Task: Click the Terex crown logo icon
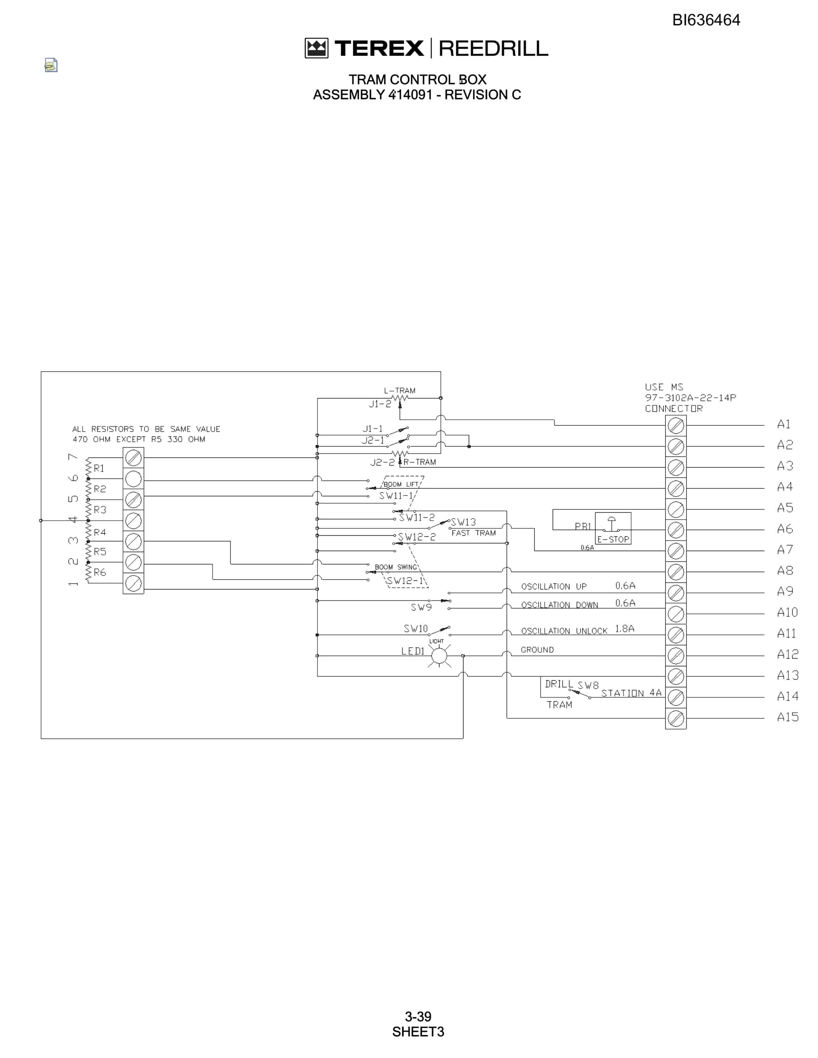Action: point(316,48)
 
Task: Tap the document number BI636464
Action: point(706,20)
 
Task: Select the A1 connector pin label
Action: point(784,424)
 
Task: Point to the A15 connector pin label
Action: point(788,717)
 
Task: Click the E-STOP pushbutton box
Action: point(613,528)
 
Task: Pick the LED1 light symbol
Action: point(439,656)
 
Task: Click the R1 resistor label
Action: point(99,468)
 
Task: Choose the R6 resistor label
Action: point(100,572)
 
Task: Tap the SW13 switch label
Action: point(463,522)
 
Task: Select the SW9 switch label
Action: point(421,607)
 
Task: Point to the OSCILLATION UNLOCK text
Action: point(564,631)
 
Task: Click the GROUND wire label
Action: point(537,650)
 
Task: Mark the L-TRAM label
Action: point(400,390)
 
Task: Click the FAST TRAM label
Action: point(473,533)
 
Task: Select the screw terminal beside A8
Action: point(676,572)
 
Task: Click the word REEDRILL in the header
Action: point(493,48)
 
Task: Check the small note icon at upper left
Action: point(51,65)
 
